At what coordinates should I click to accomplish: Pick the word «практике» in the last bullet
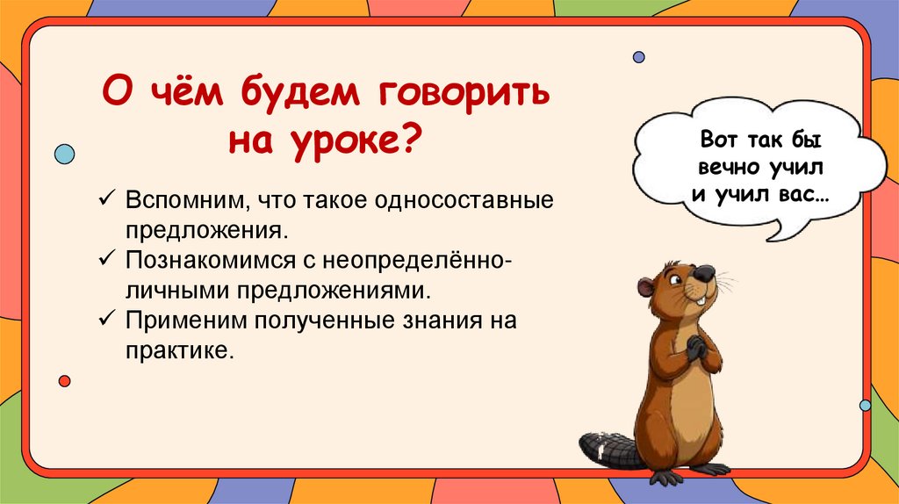178,349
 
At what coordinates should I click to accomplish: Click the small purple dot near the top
638,57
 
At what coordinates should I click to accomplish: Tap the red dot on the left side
64,380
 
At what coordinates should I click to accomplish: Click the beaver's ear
646,286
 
